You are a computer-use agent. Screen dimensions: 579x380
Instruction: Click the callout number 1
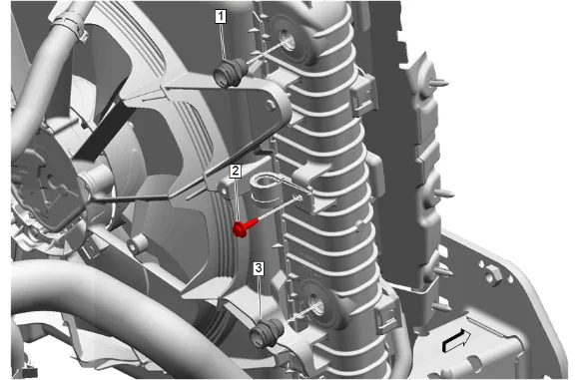(x=221, y=17)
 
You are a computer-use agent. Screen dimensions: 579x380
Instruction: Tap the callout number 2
(x=236, y=172)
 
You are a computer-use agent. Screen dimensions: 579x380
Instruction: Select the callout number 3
(x=259, y=268)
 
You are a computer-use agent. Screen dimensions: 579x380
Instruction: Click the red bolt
(x=245, y=227)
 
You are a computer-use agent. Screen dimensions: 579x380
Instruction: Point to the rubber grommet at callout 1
(x=230, y=73)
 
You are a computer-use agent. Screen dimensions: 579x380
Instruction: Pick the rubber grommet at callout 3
(x=266, y=333)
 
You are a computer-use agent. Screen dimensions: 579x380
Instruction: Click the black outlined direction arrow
(x=456, y=341)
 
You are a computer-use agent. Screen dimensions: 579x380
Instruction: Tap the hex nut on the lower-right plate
(x=493, y=274)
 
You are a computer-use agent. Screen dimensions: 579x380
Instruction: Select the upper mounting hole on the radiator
(x=288, y=40)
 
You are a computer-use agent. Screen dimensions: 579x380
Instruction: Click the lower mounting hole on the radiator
(x=316, y=305)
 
